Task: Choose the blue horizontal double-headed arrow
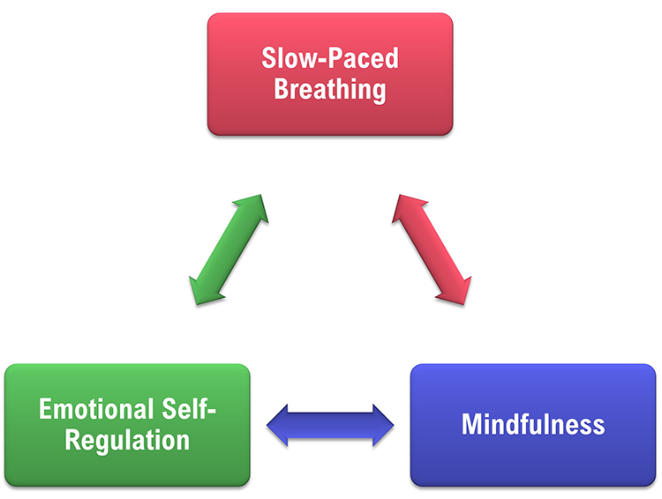tap(330, 426)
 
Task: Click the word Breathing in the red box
tap(329, 89)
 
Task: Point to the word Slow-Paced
tap(329, 59)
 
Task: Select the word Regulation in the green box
tap(127, 439)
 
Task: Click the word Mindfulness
tap(533, 424)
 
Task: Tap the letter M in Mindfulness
tap(472, 424)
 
